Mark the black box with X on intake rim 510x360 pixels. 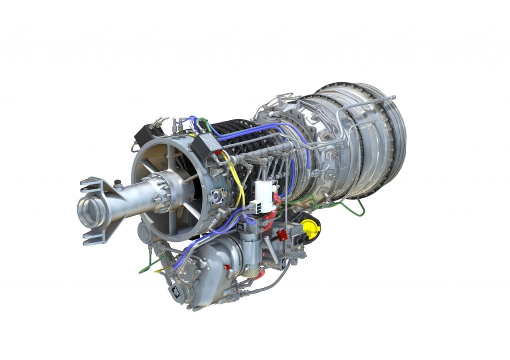click(203, 145)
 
